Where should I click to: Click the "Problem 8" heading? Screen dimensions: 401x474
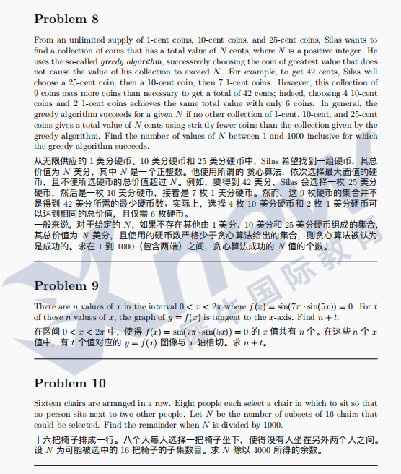(66, 18)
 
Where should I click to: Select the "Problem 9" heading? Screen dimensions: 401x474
(66, 285)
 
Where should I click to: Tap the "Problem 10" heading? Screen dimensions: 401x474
(70, 382)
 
